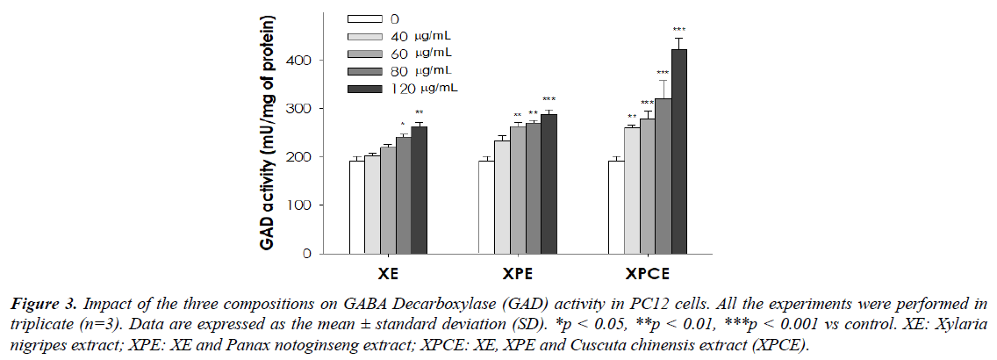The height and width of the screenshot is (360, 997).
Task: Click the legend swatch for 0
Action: (x=365, y=18)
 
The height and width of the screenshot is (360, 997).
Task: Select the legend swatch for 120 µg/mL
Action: (x=365, y=89)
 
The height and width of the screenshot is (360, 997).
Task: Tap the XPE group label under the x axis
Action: (x=518, y=271)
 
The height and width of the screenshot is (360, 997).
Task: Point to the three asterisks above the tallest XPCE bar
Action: (x=679, y=30)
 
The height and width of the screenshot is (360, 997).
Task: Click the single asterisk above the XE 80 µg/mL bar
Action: (x=403, y=125)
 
